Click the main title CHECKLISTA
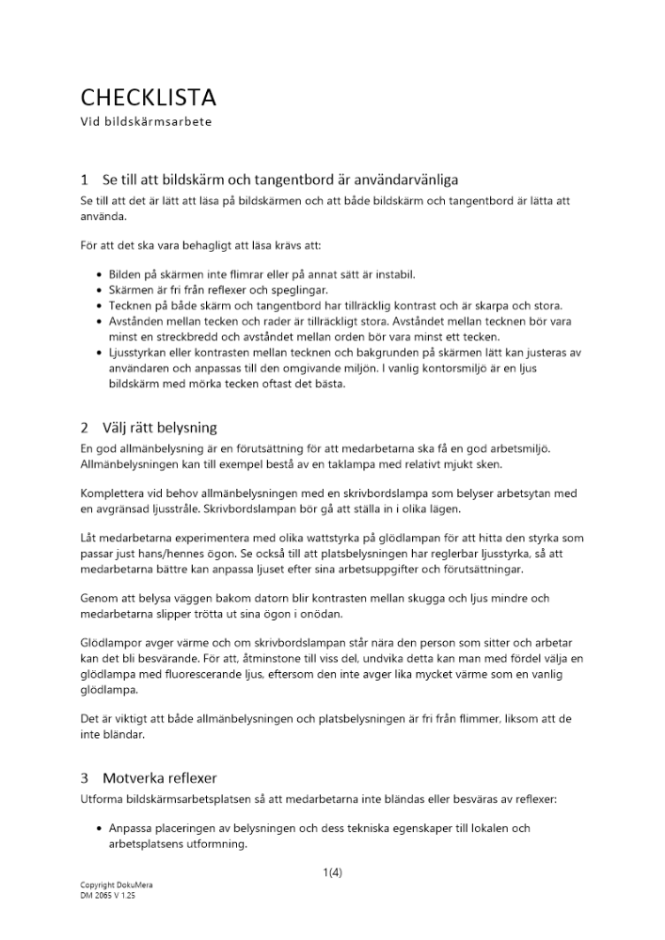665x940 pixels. [x=149, y=98]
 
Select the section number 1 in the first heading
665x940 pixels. [x=85, y=179]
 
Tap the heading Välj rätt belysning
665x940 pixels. [x=160, y=427]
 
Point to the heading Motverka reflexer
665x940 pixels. [x=160, y=778]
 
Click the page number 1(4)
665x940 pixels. [x=332, y=872]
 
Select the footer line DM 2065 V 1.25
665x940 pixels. [x=108, y=896]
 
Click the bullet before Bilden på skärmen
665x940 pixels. [x=100, y=274]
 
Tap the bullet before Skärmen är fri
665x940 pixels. [x=100, y=290]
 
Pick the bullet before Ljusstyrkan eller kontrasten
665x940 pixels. [x=100, y=353]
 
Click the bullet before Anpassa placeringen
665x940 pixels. [x=100, y=828]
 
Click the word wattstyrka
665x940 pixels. [x=295, y=539]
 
